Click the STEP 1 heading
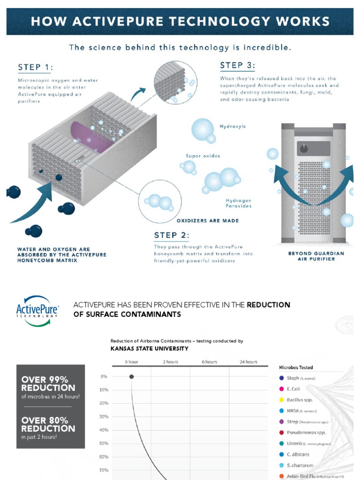(x=35, y=67)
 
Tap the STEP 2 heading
(x=172, y=235)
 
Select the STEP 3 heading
(x=238, y=65)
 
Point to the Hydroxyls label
(x=232, y=127)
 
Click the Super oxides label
(x=202, y=156)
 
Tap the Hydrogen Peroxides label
(x=239, y=203)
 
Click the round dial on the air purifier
(x=304, y=148)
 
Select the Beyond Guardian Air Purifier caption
(x=316, y=256)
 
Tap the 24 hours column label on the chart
(x=248, y=362)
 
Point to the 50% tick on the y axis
(x=104, y=443)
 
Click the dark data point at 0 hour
(x=131, y=376)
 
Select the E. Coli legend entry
(x=293, y=389)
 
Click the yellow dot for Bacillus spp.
(x=281, y=400)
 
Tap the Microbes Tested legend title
(x=296, y=367)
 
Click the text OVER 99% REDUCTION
(x=48, y=383)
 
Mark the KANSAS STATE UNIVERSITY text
(x=150, y=348)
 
